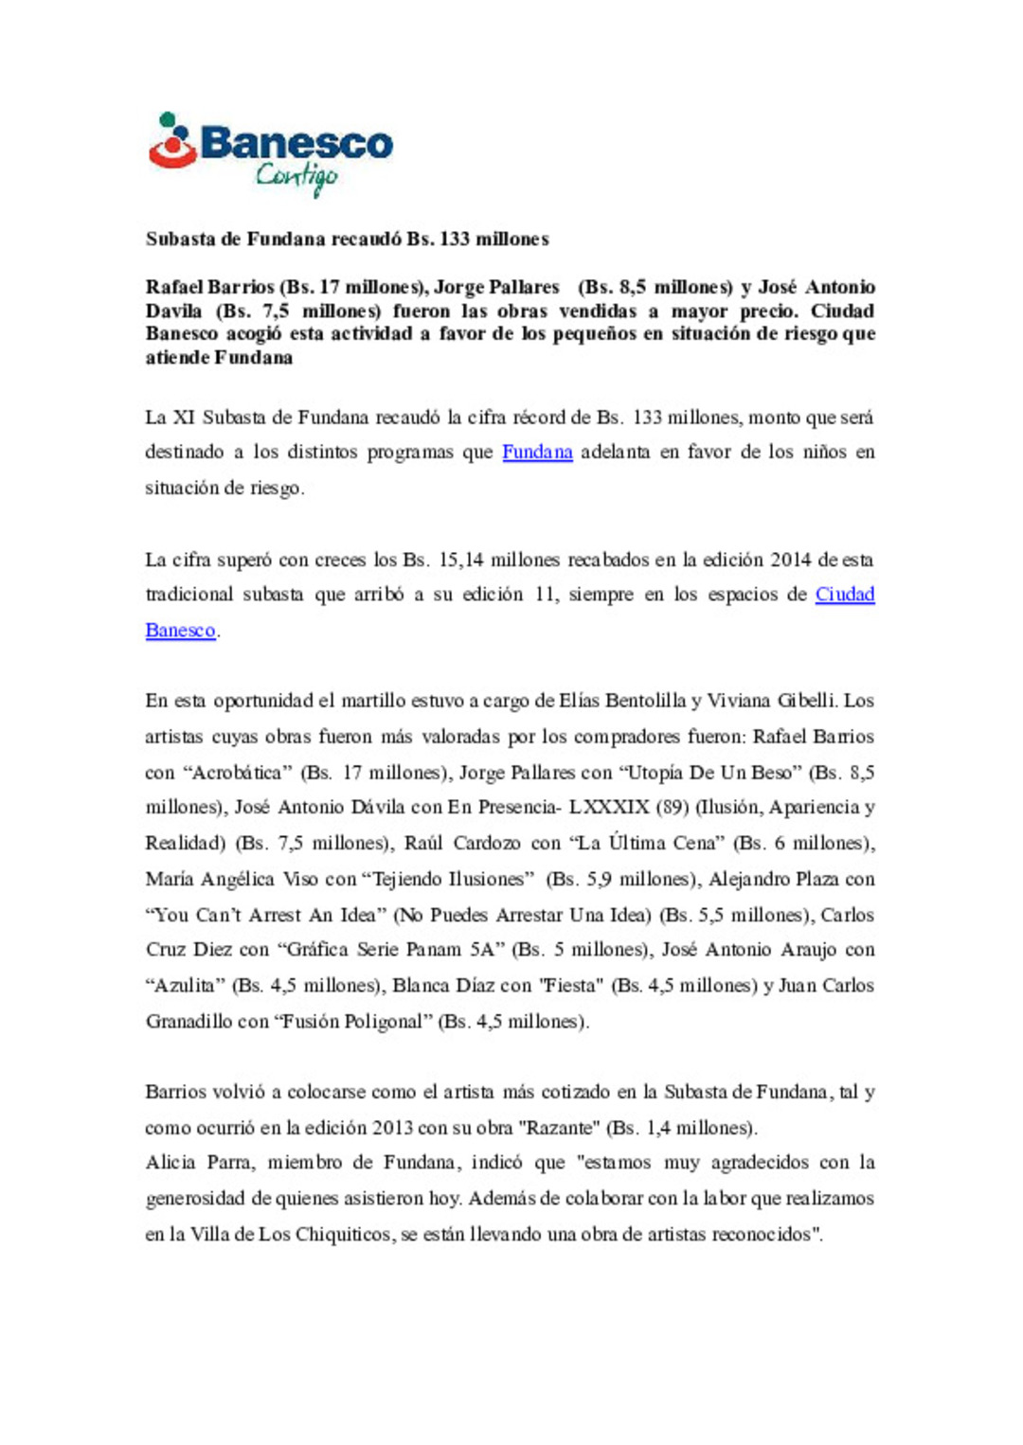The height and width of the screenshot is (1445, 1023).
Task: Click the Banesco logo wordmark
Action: [x=296, y=143]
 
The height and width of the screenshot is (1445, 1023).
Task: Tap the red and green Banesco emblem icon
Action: [x=171, y=142]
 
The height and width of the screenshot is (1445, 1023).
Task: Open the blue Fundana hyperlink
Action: [x=537, y=452]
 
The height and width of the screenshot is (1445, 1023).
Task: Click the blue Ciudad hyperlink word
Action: [x=845, y=594]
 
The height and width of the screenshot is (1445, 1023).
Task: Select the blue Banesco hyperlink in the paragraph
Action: [x=180, y=630]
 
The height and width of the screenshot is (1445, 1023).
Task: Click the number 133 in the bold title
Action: [x=455, y=239]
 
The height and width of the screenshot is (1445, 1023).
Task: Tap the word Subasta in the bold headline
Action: [x=180, y=239]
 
